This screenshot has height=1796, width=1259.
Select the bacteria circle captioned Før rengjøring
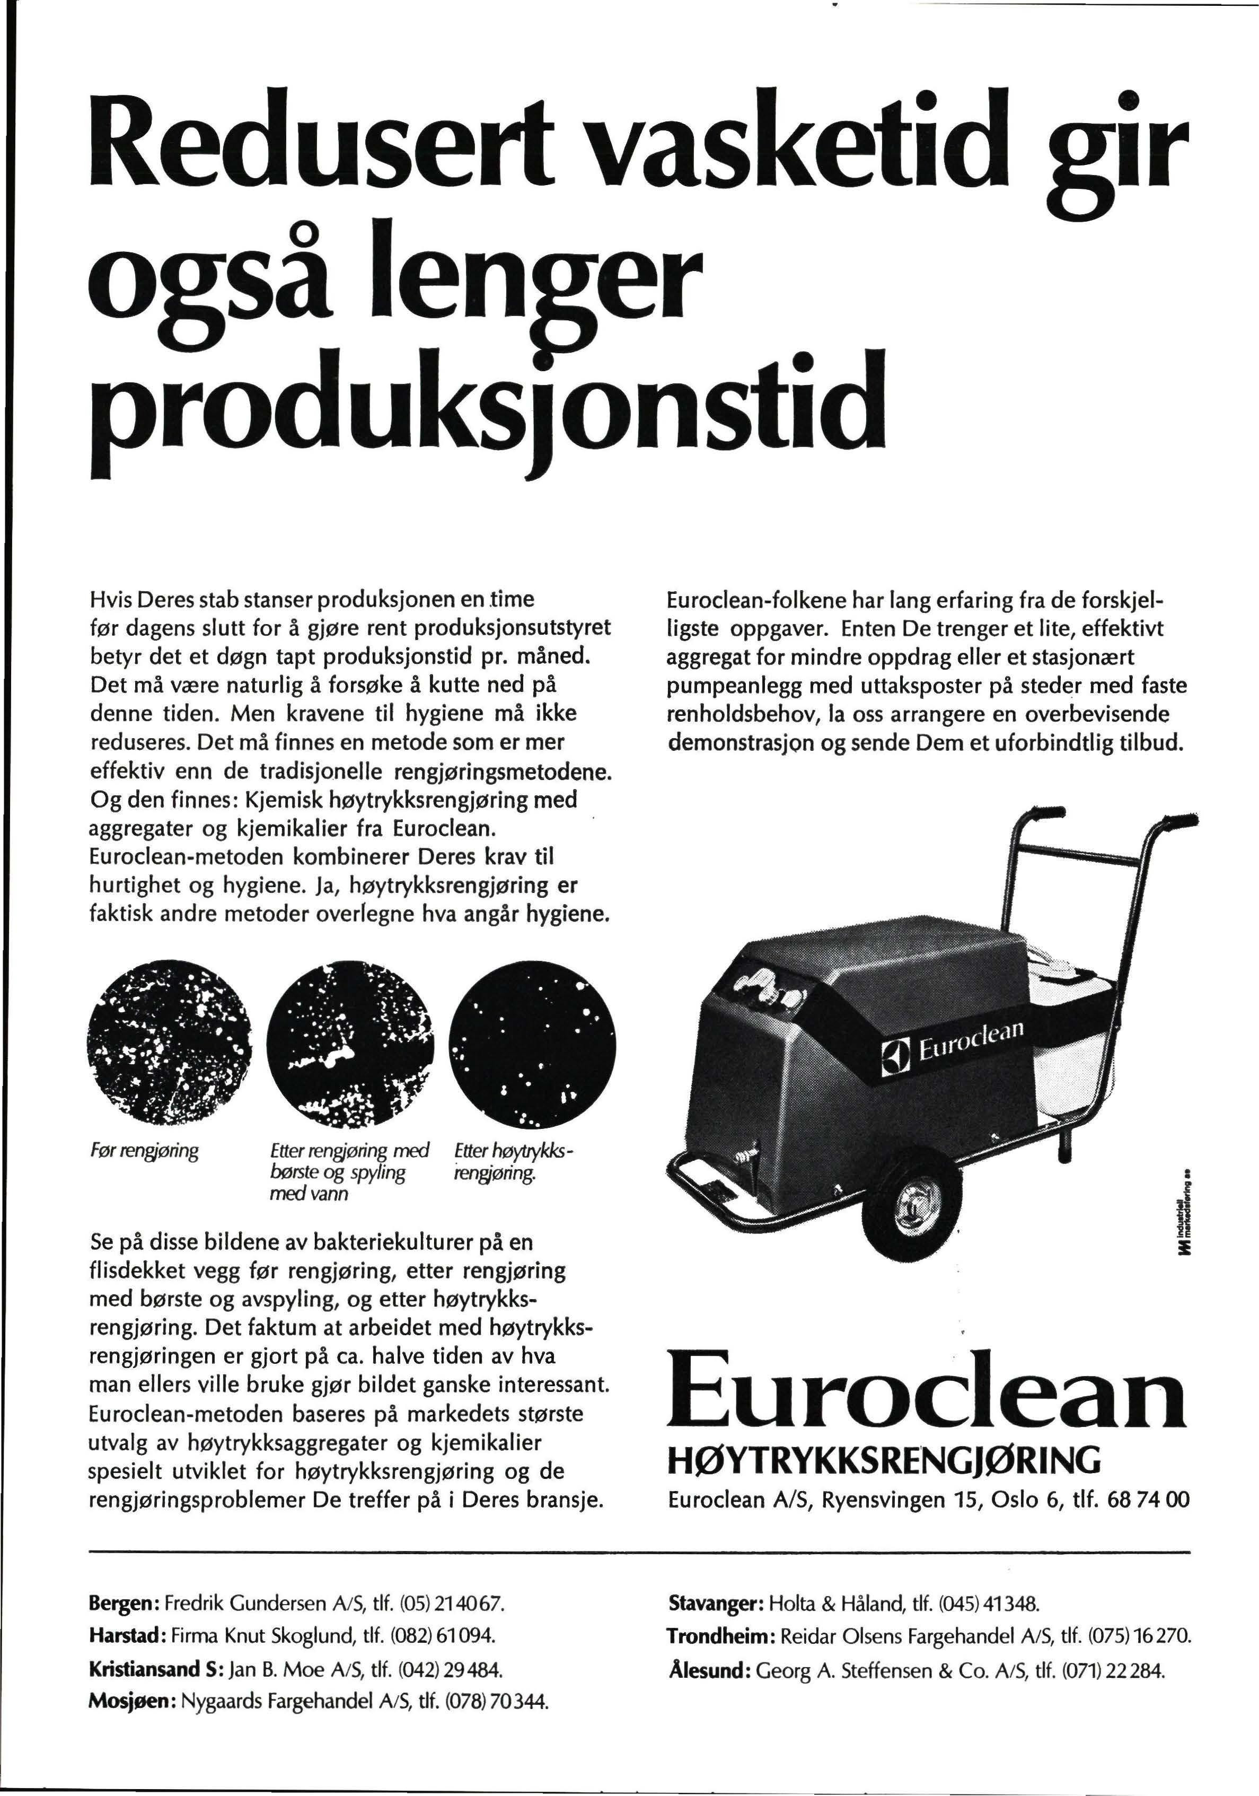pyautogui.click(x=168, y=1044)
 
